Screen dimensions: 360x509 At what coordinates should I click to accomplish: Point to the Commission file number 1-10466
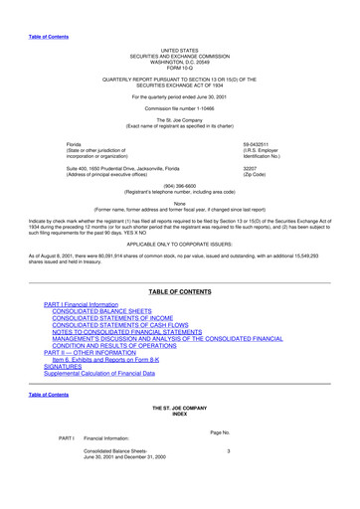(x=179, y=109)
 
